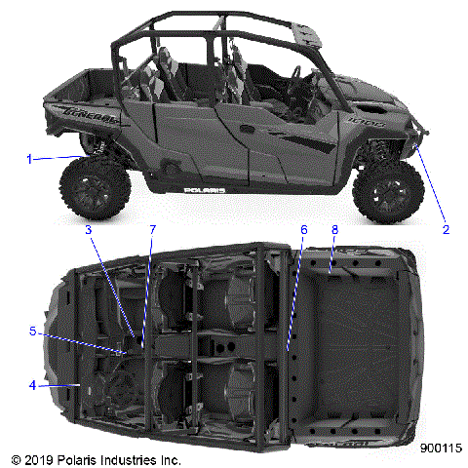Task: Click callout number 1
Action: pos(30,158)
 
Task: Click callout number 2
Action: pos(446,230)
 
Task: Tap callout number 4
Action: pos(32,385)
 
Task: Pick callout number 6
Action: pos(303,230)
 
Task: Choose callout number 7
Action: pos(151,230)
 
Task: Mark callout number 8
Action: pos(334,230)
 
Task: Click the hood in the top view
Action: pos(73,341)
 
